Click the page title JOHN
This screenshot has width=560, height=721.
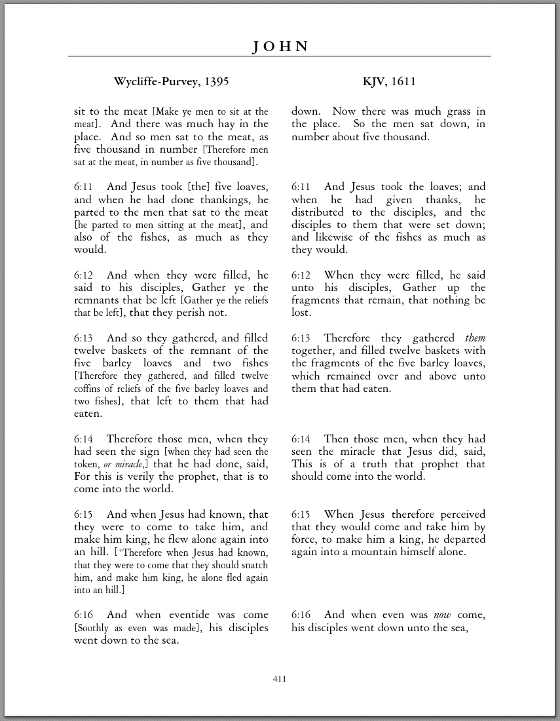(280, 47)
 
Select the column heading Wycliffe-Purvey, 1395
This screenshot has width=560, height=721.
(171, 82)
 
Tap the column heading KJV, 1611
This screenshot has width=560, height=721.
(389, 82)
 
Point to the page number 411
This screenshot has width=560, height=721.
(280, 679)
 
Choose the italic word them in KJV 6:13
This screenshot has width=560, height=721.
(476, 338)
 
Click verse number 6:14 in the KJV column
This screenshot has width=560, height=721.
(301, 439)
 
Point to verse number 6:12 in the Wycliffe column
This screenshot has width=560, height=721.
(83, 275)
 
